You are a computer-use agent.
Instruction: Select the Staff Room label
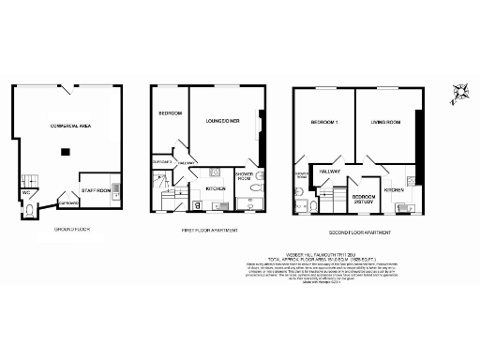(97, 190)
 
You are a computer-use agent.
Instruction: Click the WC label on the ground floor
(26, 193)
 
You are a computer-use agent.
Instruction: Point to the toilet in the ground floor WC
(29, 211)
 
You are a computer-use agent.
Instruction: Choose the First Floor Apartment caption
(209, 230)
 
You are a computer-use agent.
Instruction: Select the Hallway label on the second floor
(330, 172)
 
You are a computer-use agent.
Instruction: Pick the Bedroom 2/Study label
(365, 200)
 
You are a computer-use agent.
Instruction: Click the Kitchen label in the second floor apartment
(394, 190)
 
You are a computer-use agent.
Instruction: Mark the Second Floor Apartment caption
(360, 232)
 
